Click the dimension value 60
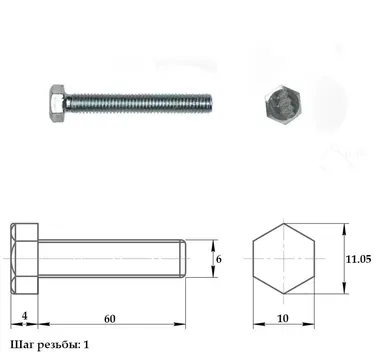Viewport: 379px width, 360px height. (x=110, y=319)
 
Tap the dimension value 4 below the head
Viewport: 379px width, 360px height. (x=24, y=316)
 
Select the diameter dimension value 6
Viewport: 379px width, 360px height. (x=218, y=259)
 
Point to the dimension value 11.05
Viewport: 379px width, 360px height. (x=358, y=259)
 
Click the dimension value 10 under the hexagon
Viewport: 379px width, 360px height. (x=283, y=319)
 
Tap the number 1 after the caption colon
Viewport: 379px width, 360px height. (x=86, y=345)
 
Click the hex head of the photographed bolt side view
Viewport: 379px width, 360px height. (x=57, y=103)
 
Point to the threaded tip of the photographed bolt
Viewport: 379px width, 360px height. (x=209, y=103)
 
